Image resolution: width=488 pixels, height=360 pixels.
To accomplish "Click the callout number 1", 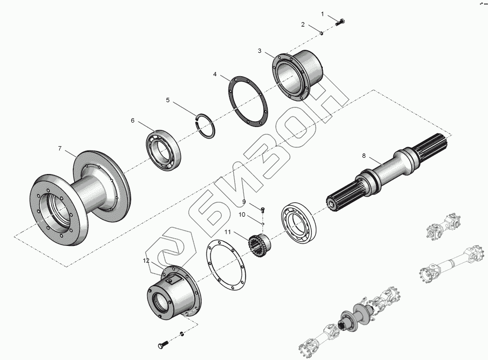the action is click(322, 14).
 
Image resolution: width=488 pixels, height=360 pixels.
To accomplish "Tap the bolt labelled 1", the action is click(340, 22).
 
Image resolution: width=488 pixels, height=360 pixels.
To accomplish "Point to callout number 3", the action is click(260, 50).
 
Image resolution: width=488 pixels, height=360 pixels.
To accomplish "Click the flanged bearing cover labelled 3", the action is click(297, 75).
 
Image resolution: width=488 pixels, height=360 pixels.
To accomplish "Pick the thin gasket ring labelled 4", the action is click(248, 102).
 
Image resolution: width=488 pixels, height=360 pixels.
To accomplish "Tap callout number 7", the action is click(60, 149).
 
